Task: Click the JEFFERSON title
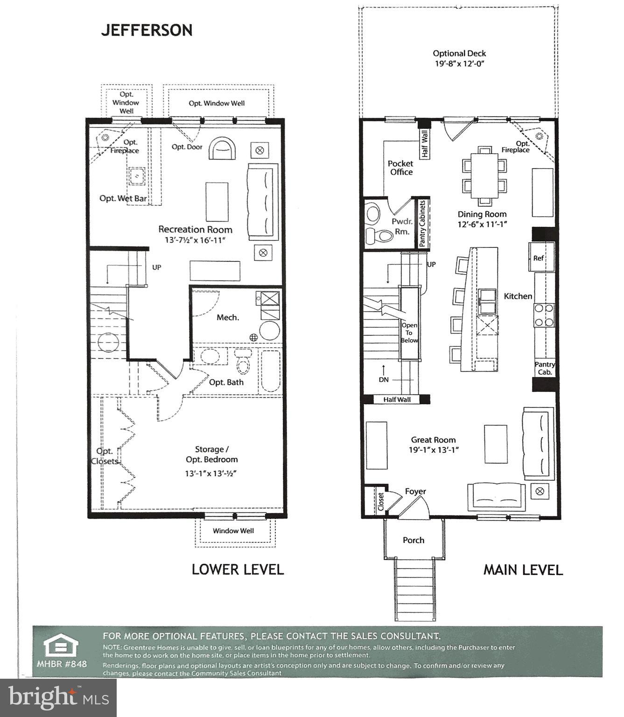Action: (x=147, y=30)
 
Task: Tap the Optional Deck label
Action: (x=459, y=54)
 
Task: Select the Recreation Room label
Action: (x=195, y=229)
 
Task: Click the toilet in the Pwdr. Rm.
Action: (x=378, y=236)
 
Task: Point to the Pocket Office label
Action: (x=400, y=168)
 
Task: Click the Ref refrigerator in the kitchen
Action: (x=540, y=258)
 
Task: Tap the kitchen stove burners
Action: (x=544, y=315)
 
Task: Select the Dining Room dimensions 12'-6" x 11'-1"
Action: (x=482, y=224)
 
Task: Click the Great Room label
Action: (x=433, y=440)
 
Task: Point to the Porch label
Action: (x=414, y=540)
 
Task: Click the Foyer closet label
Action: (x=380, y=501)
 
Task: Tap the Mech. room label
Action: (x=228, y=317)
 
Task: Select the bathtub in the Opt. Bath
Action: (x=270, y=371)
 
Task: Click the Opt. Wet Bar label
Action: (x=123, y=198)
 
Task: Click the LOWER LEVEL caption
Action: (x=238, y=569)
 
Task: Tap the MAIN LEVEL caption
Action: (x=523, y=569)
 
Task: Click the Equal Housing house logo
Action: (x=61, y=647)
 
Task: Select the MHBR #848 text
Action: (x=62, y=664)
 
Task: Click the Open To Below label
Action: (x=409, y=333)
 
